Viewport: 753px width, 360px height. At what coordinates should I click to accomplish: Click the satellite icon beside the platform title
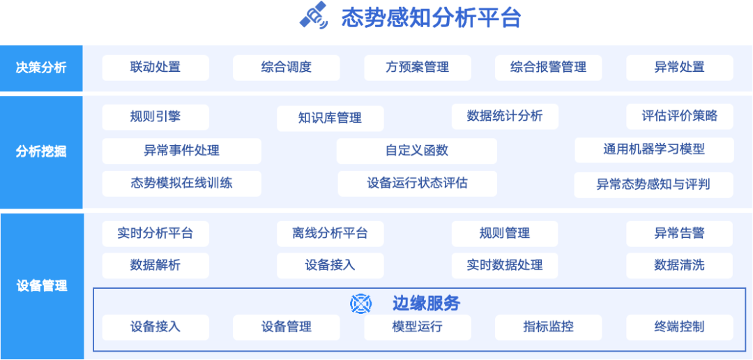point(314,16)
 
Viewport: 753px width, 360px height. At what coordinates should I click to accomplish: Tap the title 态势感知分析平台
point(431,17)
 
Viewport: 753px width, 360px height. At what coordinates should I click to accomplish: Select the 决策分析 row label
point(41,68)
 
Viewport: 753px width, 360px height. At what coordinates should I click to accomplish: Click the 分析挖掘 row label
point(41,151)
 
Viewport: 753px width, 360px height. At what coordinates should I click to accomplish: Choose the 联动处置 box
point(155,68)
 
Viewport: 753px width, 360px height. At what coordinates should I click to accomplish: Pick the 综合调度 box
point(287,68)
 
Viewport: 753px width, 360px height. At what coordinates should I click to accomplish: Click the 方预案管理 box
point(418,68)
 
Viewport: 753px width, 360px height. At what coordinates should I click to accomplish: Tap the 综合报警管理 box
point(548,68)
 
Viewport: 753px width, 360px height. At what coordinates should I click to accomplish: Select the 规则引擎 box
point(155,117)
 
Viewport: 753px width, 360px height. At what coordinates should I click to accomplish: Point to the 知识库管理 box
point(330,119)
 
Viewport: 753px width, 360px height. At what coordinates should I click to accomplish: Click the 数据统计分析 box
point(505,117)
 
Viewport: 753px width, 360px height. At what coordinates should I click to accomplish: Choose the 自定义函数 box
point(417,151)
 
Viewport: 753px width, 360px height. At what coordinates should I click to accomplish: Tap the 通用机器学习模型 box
point(654,149)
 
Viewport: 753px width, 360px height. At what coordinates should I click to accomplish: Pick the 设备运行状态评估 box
point(418,183)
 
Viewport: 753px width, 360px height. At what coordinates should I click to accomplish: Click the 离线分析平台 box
point(330,234)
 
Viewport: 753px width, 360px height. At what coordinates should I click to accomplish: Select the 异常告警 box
point(679,234)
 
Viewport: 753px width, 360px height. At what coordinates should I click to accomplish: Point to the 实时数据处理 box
point(505,266)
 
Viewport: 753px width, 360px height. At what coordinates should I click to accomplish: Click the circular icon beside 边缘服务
point(361,303)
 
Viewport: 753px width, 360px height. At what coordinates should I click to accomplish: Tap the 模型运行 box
point(418,327)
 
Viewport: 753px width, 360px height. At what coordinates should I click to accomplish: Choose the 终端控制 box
point(679,327)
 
